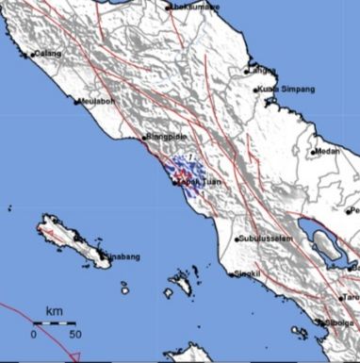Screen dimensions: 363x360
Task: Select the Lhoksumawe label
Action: point(194,7)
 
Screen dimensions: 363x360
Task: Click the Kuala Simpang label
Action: point(286,90)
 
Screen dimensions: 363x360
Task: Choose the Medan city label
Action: point(328,151)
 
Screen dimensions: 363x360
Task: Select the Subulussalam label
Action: point(270,239)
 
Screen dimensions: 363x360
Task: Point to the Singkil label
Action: point(248,274)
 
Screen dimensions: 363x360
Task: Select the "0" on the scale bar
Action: point(34,334)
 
